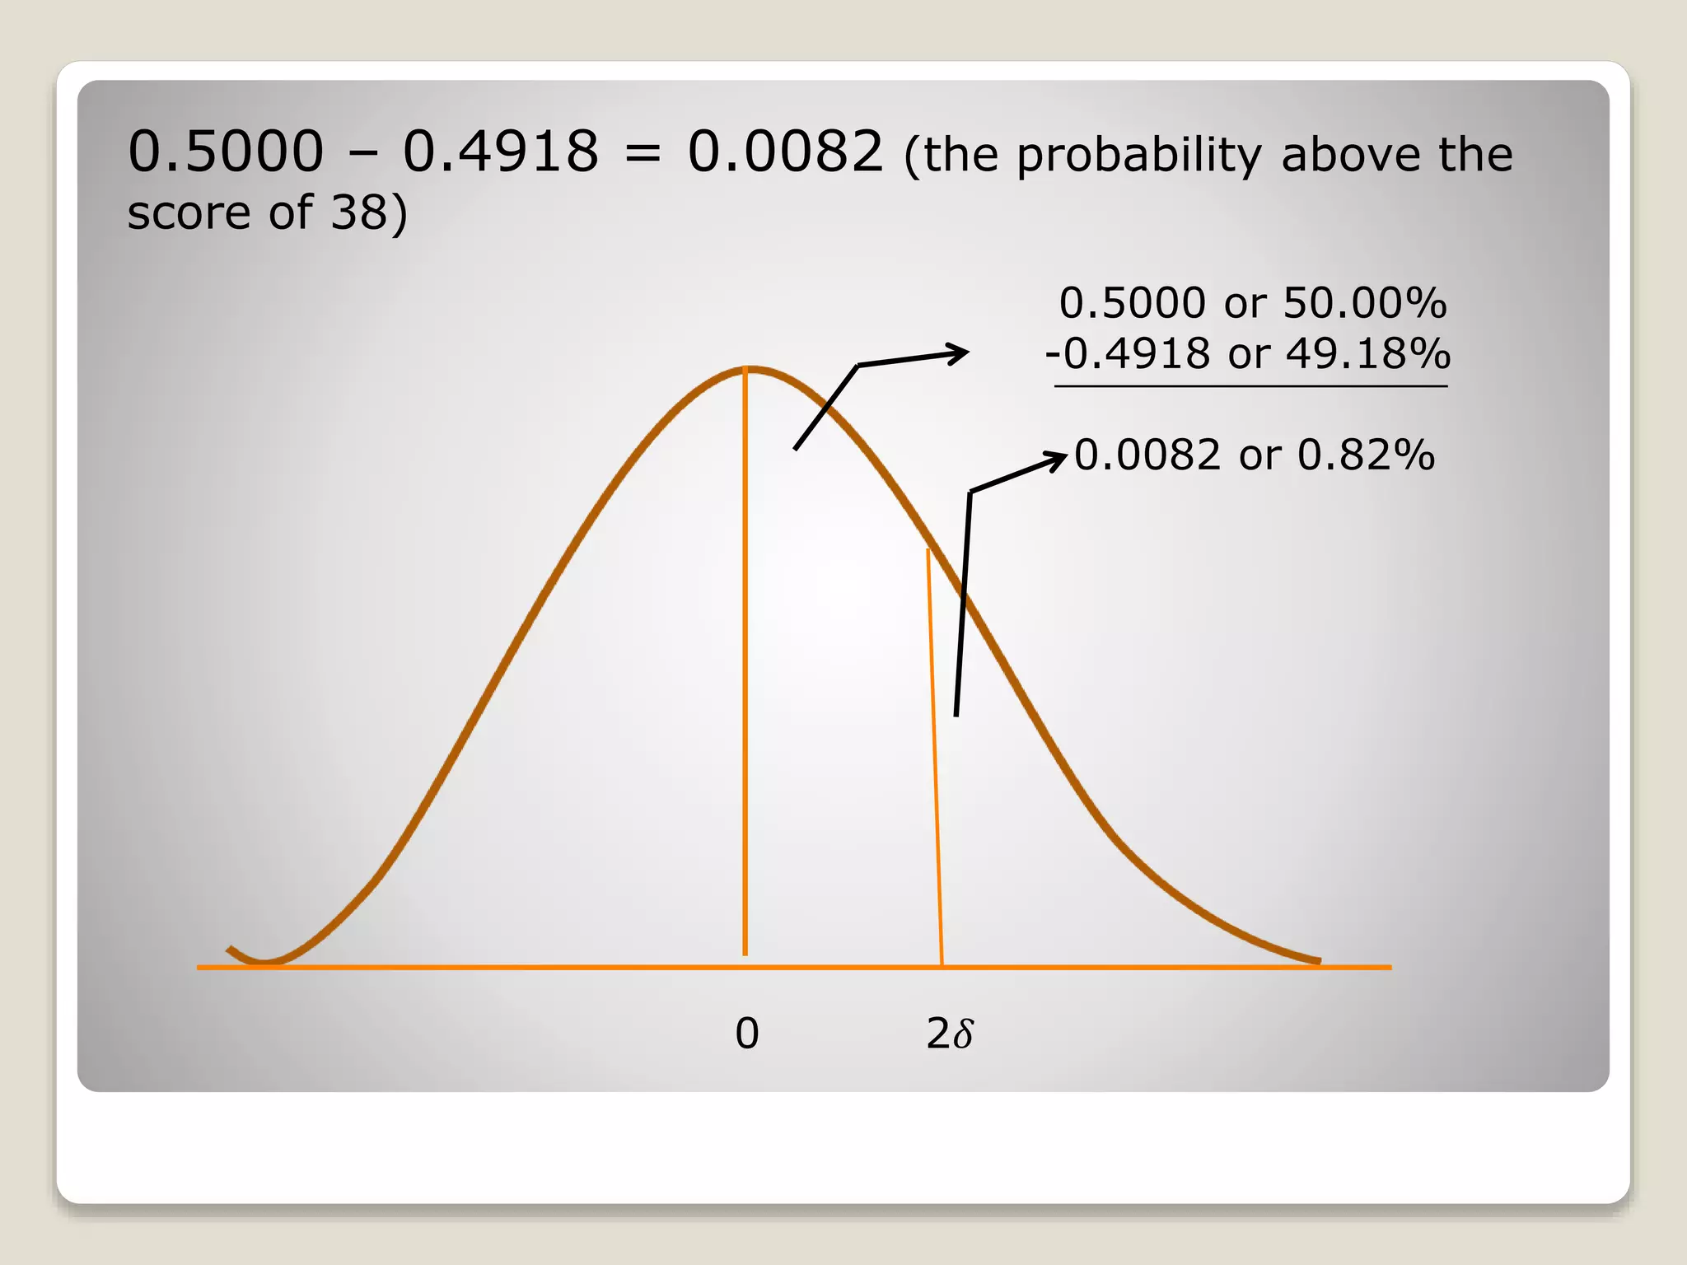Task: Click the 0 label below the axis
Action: [x=746, y=1034]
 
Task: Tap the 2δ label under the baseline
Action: [x=949, y=1034]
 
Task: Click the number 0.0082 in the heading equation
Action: [x=785, y=152]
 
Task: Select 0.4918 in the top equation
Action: [x=500, y=152]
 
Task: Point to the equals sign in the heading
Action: [x=643, y=154]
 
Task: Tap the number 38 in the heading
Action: [x=358, y=212]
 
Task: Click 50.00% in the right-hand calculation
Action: [x=1364, y=303]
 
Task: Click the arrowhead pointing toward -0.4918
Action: [x=960, y=353]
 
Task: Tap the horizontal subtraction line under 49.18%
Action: [x=1250, y=385]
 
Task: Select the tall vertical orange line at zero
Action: [x=745, y=659]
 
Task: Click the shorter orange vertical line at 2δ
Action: [x=935, y=758]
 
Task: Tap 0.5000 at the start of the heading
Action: [x=226, y=152]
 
